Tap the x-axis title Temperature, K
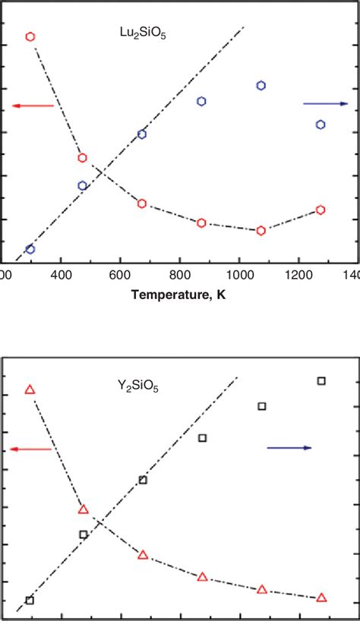pos(178,293)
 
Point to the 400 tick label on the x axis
pos(61,276)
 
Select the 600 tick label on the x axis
pos(120,276)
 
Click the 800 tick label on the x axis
pos(180,276)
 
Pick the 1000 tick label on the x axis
pos(239,276)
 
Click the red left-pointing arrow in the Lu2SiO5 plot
pos(33,106)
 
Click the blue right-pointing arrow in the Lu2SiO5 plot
pos(325,102)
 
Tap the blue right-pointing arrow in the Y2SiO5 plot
pos(289,448)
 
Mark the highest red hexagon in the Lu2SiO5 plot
pos(30,36)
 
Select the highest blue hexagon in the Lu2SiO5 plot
pos(261,86)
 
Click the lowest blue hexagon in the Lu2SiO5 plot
pos(30,249)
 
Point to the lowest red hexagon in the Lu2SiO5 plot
pos(261,231)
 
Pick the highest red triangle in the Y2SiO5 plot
pos(30,389)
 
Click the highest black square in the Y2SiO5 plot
pos(321,381)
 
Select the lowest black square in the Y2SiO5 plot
pos(30,601)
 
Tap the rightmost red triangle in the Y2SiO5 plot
pos(321,598)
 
